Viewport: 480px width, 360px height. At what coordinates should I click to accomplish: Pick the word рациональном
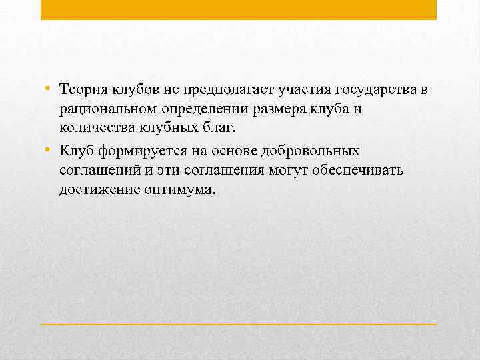pos(107,109)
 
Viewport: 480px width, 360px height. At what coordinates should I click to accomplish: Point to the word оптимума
pos(179,190)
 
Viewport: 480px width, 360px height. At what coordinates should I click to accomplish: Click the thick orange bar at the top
pos(239,9)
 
